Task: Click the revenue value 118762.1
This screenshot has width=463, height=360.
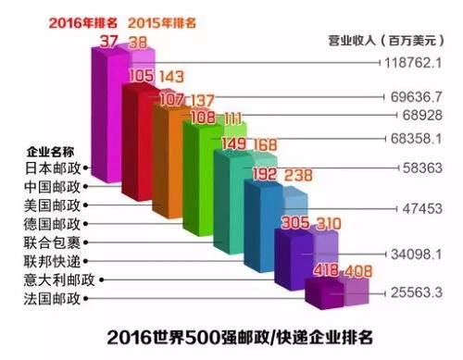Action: click(x=419, y=63)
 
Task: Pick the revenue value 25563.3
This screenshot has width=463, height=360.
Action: click(x=421, y=293)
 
